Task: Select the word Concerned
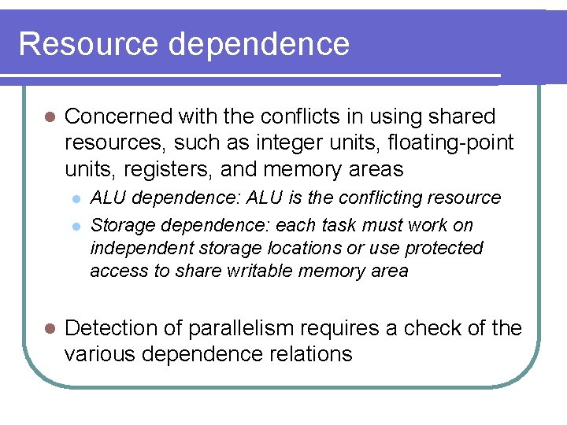click(x=118, y=116)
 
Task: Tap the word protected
click(x=443, y=248)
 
